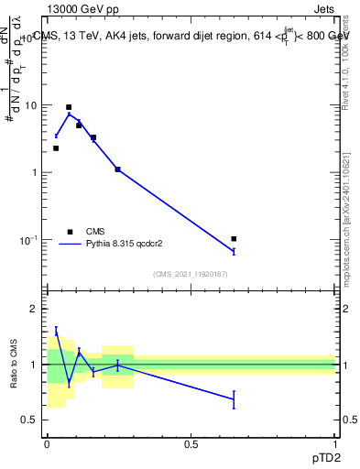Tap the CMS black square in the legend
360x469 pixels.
[x=70, y=232]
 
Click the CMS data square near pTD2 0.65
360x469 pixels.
[x=235, y=239]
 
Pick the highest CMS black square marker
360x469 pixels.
[x=69, y=107]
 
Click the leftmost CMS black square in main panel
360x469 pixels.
[x=56, y=147]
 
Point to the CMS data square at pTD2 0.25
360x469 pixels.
[x=118, y=169]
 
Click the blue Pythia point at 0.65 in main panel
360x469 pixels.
[x=235, y=251]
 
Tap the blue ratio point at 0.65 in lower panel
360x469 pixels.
[x=235, y=399]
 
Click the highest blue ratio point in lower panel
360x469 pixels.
[x=56, y=331]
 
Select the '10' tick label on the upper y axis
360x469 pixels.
[x=30, y=105]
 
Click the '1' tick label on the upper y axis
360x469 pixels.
[x=34, y=172]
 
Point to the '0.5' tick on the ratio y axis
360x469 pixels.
[x=29, y=420]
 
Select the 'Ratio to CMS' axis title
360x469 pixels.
[x=13, y=365]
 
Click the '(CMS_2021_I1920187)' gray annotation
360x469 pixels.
[x=191, y=274]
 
